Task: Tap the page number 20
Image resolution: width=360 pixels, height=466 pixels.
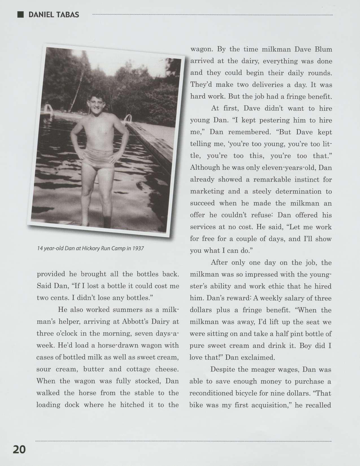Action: pyautogui.click(x=19, y=449)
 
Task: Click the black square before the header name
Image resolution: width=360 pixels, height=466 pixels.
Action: pyautogui.click(x=20, y=14)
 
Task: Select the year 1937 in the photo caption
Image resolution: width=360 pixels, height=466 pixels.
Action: pyautogui.click(x=138, y=249)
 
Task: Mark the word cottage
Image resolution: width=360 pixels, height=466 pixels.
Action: pyautogui.click(x=138, y=369)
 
